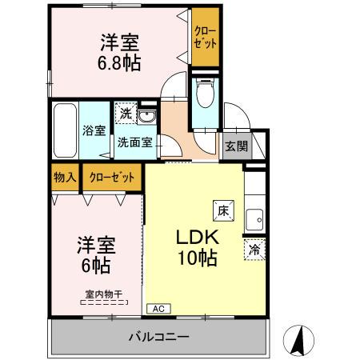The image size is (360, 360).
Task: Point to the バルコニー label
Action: pyautogui.click(x=158, y=337)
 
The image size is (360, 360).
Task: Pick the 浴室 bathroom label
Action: pyautogui.click(x=94, y=131)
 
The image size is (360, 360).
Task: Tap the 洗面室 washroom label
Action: pyautogui.click(x=136, y=144)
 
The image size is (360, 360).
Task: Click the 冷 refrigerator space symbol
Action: pyautogui.click(x=254, y=249)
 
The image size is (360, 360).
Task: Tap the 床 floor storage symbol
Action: pyautogui.click(x=221, y=210)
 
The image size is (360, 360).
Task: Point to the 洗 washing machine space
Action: pyautogui.click(x=125, y=114)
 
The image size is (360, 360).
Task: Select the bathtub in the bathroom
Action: pyautogui.click(x=65, y=131)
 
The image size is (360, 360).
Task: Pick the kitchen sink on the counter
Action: pyautogui.click(x=255, y=218)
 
